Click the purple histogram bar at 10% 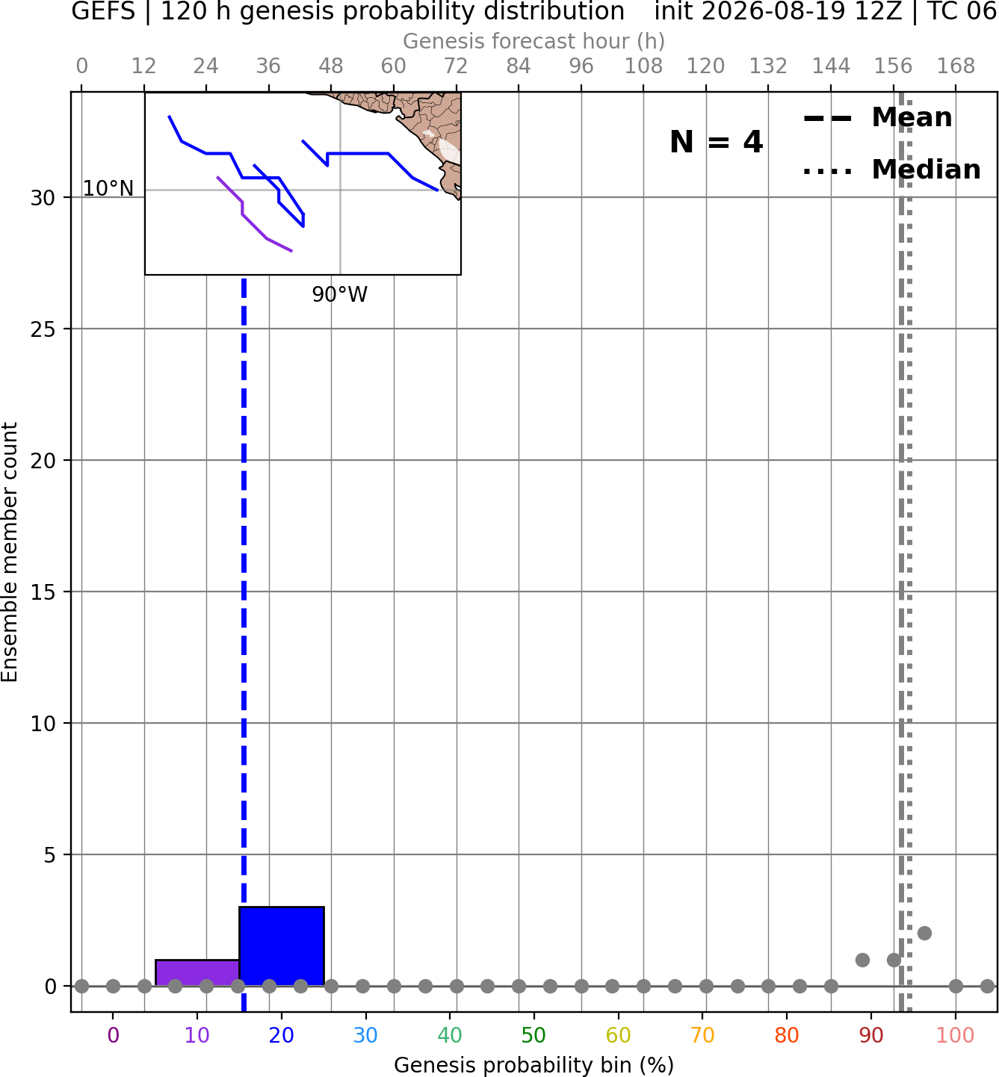click(x=197, y=973)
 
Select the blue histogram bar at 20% click(x=282, y=946)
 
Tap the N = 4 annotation click(x=717, y=142)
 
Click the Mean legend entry click(x=877, y=118)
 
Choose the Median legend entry click(x=891, y=170)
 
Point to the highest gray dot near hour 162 click(x=925, y=934)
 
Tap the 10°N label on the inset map click(x=108, y=189)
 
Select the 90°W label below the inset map click(x=340, y=294)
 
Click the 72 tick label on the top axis click(x=456, y=66)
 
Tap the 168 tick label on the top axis click(x=956, y=66)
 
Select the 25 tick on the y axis click(x=43, y=329)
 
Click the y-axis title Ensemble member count click(x=10, y=552)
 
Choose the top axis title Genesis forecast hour click(x=533, y=41)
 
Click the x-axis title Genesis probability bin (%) click(x=533, y=1065)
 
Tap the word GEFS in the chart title click(x=103, y=11)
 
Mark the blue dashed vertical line click(x=244, y=645)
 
